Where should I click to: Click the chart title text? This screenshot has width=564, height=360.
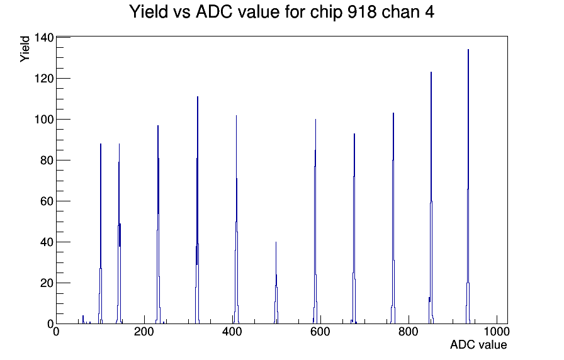(x=281, y=11)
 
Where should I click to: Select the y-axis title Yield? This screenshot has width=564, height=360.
(x=25, y=49)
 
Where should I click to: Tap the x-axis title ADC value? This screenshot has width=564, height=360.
(x=478, y=344)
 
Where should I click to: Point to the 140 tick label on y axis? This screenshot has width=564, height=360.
(x=44, y=37)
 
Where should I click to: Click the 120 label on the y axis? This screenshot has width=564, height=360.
(x=44, y=79)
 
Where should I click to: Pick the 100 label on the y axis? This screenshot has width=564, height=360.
(x=44, y=120)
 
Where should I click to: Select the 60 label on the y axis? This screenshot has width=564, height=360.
(x=47, y=201)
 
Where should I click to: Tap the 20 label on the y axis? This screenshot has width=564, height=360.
(x=47, y=283)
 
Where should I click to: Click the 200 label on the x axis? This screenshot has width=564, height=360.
(x=144, y=332)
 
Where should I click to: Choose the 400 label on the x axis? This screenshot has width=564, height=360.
(x=232, y=332)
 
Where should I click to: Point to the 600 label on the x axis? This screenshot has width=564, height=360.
(x=320, y=332)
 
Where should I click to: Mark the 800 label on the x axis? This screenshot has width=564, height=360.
(x=409, y=332)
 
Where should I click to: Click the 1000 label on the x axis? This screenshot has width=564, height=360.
(x=496, y=332)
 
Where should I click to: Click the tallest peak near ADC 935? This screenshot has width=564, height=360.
(x=468, y=187)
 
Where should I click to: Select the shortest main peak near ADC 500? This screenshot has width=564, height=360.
(x=276, y=283)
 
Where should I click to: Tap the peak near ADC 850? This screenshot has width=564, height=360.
(x=431, y=198)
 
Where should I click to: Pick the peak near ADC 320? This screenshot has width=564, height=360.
(x=198, y=210)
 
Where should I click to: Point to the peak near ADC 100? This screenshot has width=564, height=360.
(x=101, y=233)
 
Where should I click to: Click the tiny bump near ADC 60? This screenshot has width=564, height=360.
(x=83, y=320)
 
